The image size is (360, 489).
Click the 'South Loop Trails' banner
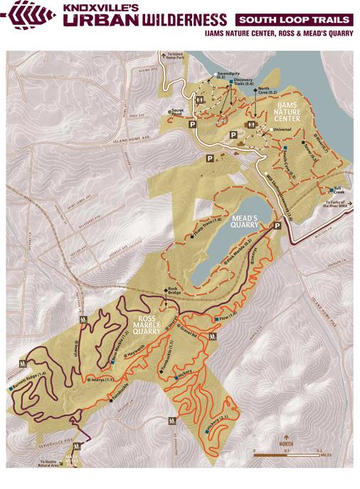click(295, 19)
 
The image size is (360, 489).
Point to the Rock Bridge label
click(174, 291)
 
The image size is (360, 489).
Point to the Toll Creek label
click(338, 190)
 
